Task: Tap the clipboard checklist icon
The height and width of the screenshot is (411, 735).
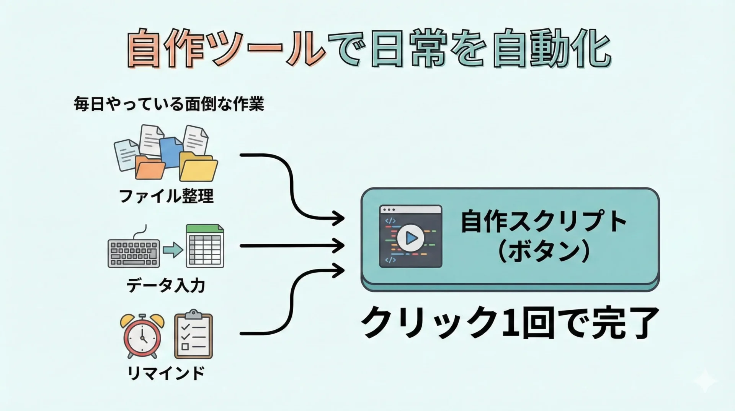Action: click(x=193, y=335)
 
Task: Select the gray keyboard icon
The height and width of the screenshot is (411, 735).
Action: click(x=134, y=253)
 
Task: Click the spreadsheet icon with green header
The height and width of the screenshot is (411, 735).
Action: click(x=205, y=246)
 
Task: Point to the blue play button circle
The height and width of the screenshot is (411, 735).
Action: click(x=410, y=238)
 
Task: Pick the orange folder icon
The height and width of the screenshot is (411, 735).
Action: click(x=150, y=168)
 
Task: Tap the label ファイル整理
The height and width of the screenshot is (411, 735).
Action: click(x=166, y=196)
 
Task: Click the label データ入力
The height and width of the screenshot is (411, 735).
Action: click(x=166, y=286)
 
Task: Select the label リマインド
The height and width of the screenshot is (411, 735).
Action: click(x=166, y=373)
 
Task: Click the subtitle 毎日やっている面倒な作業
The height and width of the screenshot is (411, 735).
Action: click(x=169, y=104)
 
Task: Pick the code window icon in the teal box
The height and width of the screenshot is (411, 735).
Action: click(x=410, y=236)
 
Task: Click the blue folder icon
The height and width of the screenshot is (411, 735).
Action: click(x=170, y=151)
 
